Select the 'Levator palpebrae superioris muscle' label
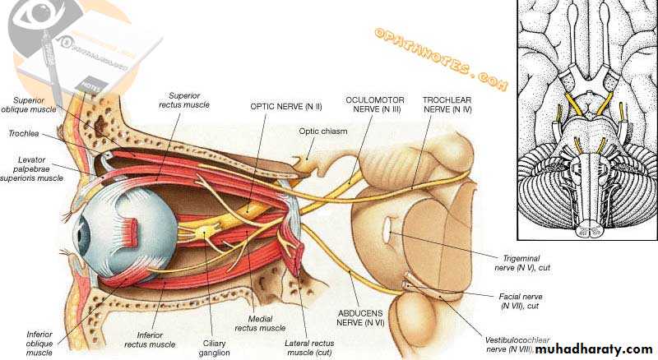(33, 168)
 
